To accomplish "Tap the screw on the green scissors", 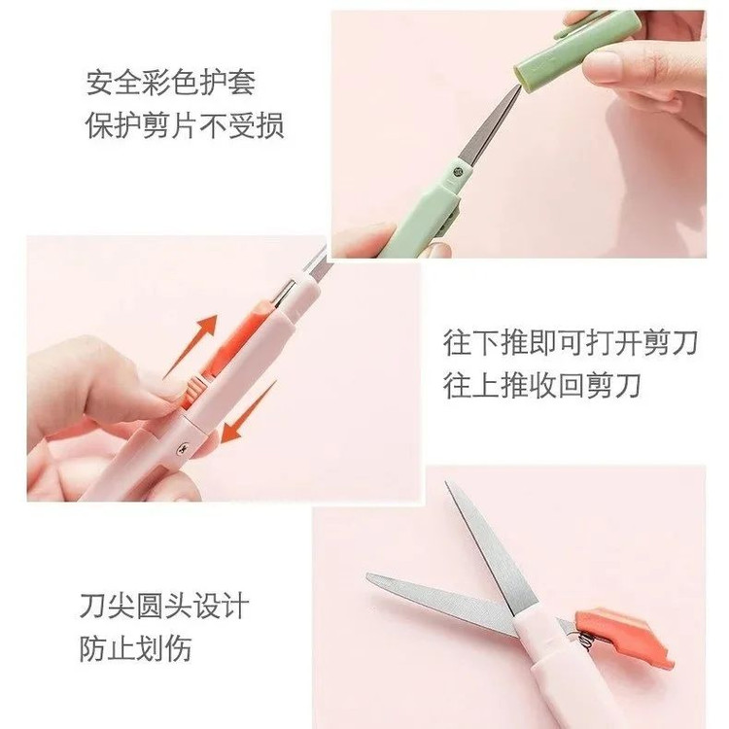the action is tap(458, 172).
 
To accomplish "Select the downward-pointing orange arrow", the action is tap(248, 412).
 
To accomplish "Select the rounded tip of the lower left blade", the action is tap(370, 578).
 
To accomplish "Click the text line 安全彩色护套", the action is tap(171, 83).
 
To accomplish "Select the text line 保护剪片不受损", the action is tap(185, 125).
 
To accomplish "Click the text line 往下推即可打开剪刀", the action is tap(570, 343).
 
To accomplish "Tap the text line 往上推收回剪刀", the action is tap(542, 386).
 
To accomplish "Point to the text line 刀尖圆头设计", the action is tap(164, 606).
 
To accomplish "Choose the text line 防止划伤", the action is tap(136, 648).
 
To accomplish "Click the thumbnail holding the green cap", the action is tap(606, 64).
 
